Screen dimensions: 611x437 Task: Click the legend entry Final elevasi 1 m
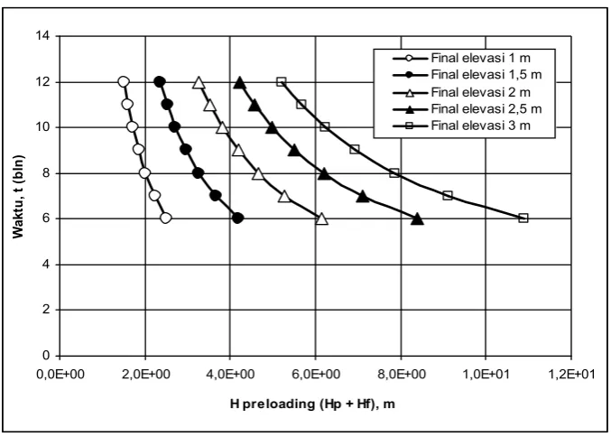click(461, 58)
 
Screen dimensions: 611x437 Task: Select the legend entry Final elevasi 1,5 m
click(467, 74)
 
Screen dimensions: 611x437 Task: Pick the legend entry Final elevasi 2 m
click(461, 92)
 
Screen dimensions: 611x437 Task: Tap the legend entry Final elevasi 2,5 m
click(467, 108)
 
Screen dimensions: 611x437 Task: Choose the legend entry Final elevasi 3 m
click(461, 126)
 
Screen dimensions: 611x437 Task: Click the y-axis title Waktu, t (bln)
click(18, 197)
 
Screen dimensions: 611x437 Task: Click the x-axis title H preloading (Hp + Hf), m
click(312, 404)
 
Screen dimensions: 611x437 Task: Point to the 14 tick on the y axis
click(42, 36)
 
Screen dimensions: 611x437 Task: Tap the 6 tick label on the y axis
click(46, 218)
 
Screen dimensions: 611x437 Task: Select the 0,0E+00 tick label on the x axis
click(60, 374)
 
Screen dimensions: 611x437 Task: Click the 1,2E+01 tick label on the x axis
click(571, 374)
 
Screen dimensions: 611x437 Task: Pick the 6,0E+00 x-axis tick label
click(316, 374)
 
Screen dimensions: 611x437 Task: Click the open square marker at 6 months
click(523, 218)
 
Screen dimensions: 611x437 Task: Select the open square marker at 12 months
click(281, 82)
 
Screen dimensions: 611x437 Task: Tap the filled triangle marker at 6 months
click(417, 219)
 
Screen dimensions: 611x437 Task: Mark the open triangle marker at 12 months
click(199, 83)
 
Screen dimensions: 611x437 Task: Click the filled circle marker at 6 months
click(237, 218)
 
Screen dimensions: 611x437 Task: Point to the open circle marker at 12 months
click(123, 82)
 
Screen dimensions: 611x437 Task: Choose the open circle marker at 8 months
click(144, 173)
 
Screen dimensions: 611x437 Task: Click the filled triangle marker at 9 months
click(294, 151)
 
